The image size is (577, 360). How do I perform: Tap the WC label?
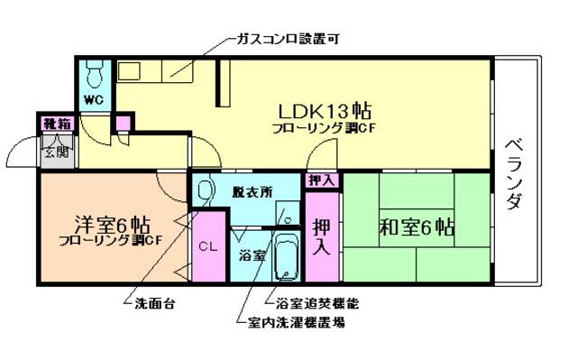click(94, 98)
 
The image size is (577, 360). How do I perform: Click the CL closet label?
click(208, 245)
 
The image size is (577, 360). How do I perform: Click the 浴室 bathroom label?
click(252, 255)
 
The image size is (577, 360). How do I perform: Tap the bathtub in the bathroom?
click(287, 255)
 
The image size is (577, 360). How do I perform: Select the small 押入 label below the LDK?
click(321, 180)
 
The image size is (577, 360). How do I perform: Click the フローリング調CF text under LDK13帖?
click(324, 129)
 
